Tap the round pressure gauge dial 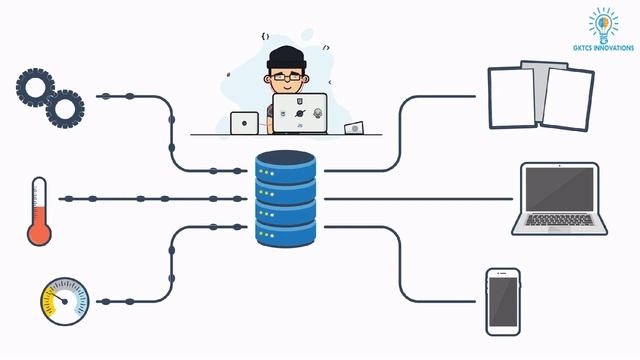[65, 301]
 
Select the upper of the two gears [34, 88]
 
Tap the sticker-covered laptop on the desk [300, 113]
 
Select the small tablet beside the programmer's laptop [244, 123]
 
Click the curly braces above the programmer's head [265, 36]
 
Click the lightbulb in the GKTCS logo [603, 22]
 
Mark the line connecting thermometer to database [150, 199]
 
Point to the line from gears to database [171, 130]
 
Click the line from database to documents [400, 130]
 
